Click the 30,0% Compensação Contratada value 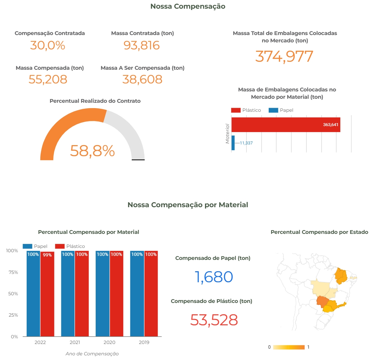[x=48, y=45]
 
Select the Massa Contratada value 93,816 [x=142, y=45]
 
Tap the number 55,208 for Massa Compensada [x=48, y=79]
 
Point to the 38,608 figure [x=142, y=79]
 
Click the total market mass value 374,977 [x=284, y=56]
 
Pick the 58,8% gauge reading [x=92, y=151]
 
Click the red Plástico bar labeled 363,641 [x=286, y=125]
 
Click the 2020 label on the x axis [x=109, y=342]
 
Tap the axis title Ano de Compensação [x=92, y=354]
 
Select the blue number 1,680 [x=214, y=277]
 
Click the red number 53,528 [x=214, y=320]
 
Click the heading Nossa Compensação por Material [x=188, y=205]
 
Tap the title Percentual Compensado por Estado [x=319, y=232]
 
